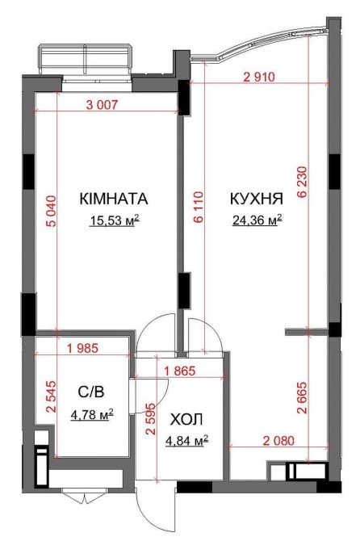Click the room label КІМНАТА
(x=114, y=199)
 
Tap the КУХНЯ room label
(x=256, y=199)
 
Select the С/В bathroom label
(x=91, y=392)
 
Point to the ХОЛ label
(x=186, y=420)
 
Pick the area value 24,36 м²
(x=257, y=220)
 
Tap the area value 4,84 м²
(x=186, y=441)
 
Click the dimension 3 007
(x=102, y=104)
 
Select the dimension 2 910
(x=259, y=77)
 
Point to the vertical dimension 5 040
(x=51, y=211)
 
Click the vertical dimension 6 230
(x=302, y=182)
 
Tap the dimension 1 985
(x=82, y=348)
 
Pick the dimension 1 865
(x=180, y=371)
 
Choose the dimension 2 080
(x=278, y=441)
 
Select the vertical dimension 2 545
(x=51, y=396)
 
